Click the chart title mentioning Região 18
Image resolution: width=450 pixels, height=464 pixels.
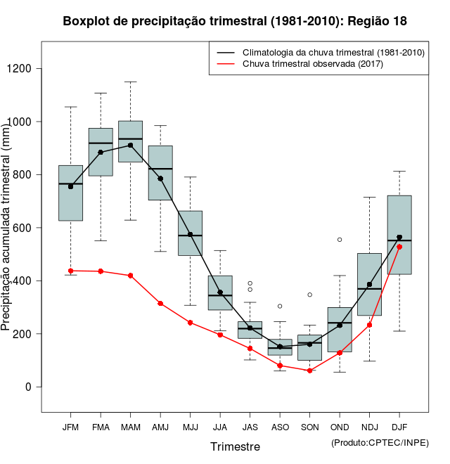tap(235, 21)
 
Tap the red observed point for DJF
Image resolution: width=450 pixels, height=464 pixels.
tap(399, 247)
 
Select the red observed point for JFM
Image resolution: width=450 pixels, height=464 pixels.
tap(70, 271)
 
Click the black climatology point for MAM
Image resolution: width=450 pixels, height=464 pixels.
tap(131, 146)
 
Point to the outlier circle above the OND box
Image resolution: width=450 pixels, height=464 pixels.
tap(340, 240)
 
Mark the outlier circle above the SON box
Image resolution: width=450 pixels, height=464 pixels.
tap(309, 295)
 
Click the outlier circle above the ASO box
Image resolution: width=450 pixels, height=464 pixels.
tap(280, 307)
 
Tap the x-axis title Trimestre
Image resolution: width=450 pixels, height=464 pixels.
tap(235, 446)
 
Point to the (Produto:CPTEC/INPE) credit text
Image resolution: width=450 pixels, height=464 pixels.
tap(380, 442)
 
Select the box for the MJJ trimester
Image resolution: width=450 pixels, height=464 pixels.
tap(190, 233)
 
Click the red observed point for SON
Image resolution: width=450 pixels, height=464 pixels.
tap(309, 370)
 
